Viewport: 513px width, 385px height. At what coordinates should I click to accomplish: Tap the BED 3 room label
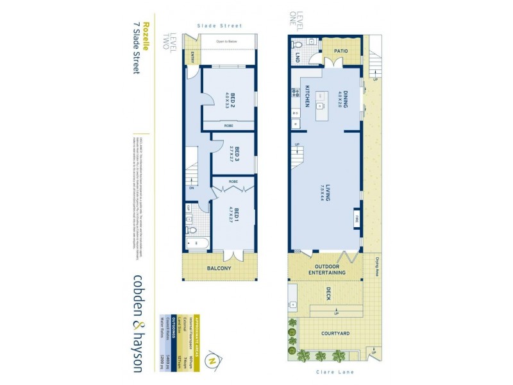236,155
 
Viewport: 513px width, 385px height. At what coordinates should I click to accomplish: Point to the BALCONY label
219,268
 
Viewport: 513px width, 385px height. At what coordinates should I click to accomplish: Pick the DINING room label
344,99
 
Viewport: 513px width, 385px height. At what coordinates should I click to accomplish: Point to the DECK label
327,293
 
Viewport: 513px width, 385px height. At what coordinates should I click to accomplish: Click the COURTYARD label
335,334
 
